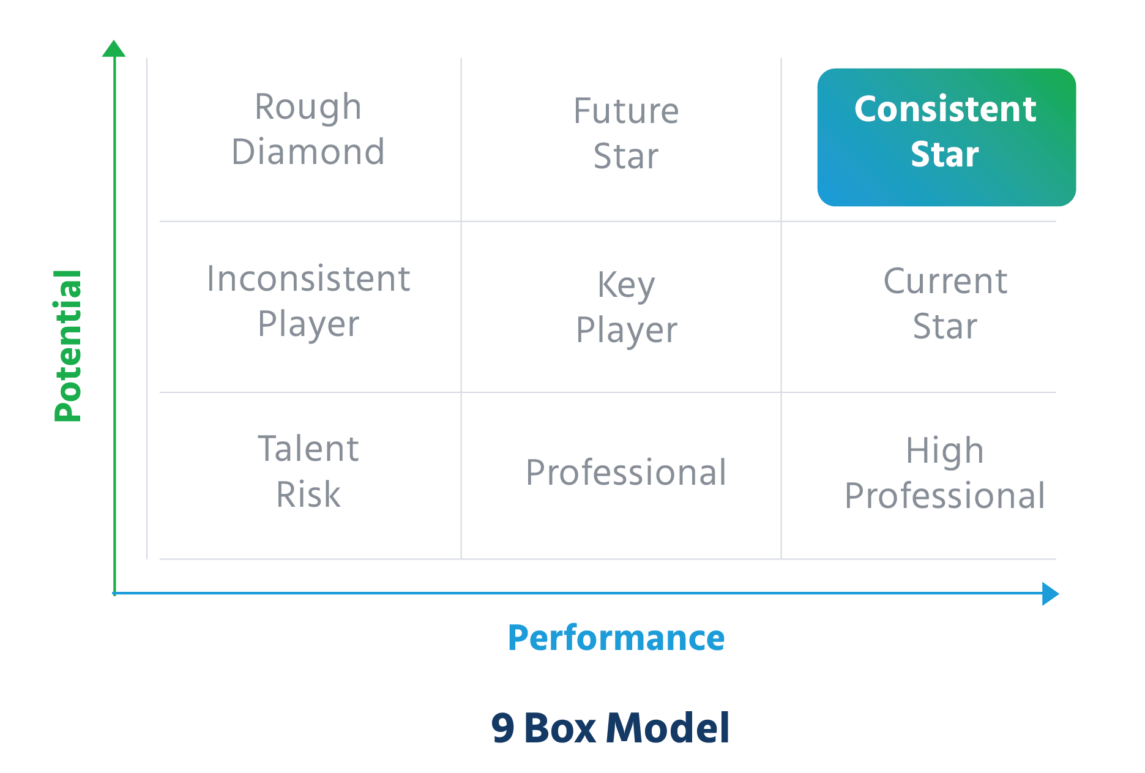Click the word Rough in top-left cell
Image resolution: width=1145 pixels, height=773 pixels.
[x=308, y=107]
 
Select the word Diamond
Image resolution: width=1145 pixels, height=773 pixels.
[x=308, y=152]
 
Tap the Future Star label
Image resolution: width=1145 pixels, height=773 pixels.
[x=626, y=133]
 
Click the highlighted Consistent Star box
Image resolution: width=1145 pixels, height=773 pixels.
[x=945, y=137]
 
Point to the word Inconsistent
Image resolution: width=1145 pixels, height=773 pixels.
[x=308, y=279]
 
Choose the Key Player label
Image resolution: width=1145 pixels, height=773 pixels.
[x=626, y=307]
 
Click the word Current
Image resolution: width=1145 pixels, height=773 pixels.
[x=945, y=282]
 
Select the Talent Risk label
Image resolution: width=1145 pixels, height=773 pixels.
[x=308, y=471]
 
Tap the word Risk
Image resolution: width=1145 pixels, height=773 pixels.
[x=308, y=495]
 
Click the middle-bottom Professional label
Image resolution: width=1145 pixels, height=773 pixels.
[x=626, y=472]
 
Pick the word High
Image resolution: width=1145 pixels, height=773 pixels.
[x=945, y=451]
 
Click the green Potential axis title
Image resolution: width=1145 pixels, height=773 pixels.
[x=68, y=346]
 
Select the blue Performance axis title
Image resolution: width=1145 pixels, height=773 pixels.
[x=616, y=638]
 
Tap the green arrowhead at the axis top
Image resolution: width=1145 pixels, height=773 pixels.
[x=114, y=49]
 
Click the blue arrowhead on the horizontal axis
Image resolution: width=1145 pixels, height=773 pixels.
[x=1050, y=594]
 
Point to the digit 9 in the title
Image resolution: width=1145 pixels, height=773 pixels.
[x=503, y=728]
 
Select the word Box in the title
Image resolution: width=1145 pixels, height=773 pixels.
[x=559, y=728]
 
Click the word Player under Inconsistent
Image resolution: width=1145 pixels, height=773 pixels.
[x=308, y=325]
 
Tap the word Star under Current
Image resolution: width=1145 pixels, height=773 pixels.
[x=945, y=326]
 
